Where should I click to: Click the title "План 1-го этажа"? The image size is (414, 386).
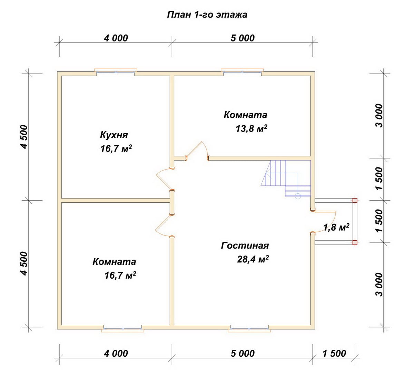tap(207, 15)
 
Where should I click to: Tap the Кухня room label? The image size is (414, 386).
tap(114, 135)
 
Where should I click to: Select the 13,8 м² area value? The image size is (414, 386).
tap(252, 128)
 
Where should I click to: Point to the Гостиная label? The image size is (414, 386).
tap(245, 245)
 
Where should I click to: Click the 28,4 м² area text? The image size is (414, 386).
tap(253, 259)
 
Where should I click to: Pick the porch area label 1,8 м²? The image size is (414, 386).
tap(336, 228)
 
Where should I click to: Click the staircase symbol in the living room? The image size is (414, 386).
tap(286, 178)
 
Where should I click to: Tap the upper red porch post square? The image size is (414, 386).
tap(355, 201)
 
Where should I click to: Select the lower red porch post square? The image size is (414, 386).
tap(355, 243)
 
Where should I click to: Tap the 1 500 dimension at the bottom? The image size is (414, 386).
tap(334, 354)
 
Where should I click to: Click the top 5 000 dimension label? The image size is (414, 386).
tap(243, 38)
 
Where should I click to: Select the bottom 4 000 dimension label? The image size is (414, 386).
tap(116, 354)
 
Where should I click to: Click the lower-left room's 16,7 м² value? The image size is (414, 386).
tap(120, 276)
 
